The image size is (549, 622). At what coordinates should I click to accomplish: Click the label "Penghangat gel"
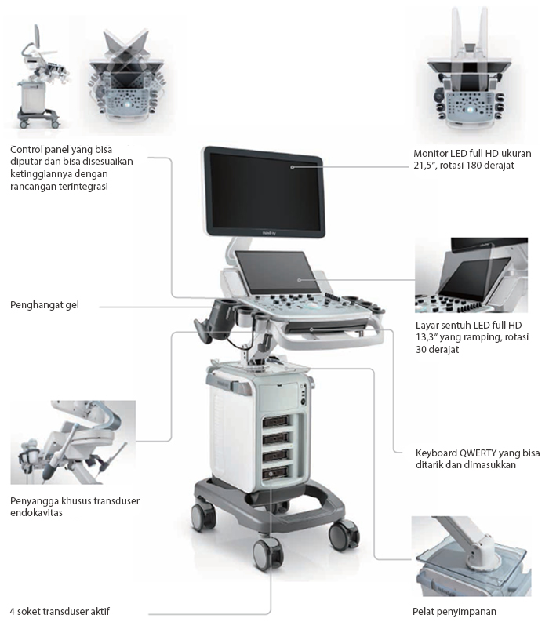pyautogui.click(x=45, y=304)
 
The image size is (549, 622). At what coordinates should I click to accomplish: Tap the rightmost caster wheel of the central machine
pyautogui.click(x=343, y=535)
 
